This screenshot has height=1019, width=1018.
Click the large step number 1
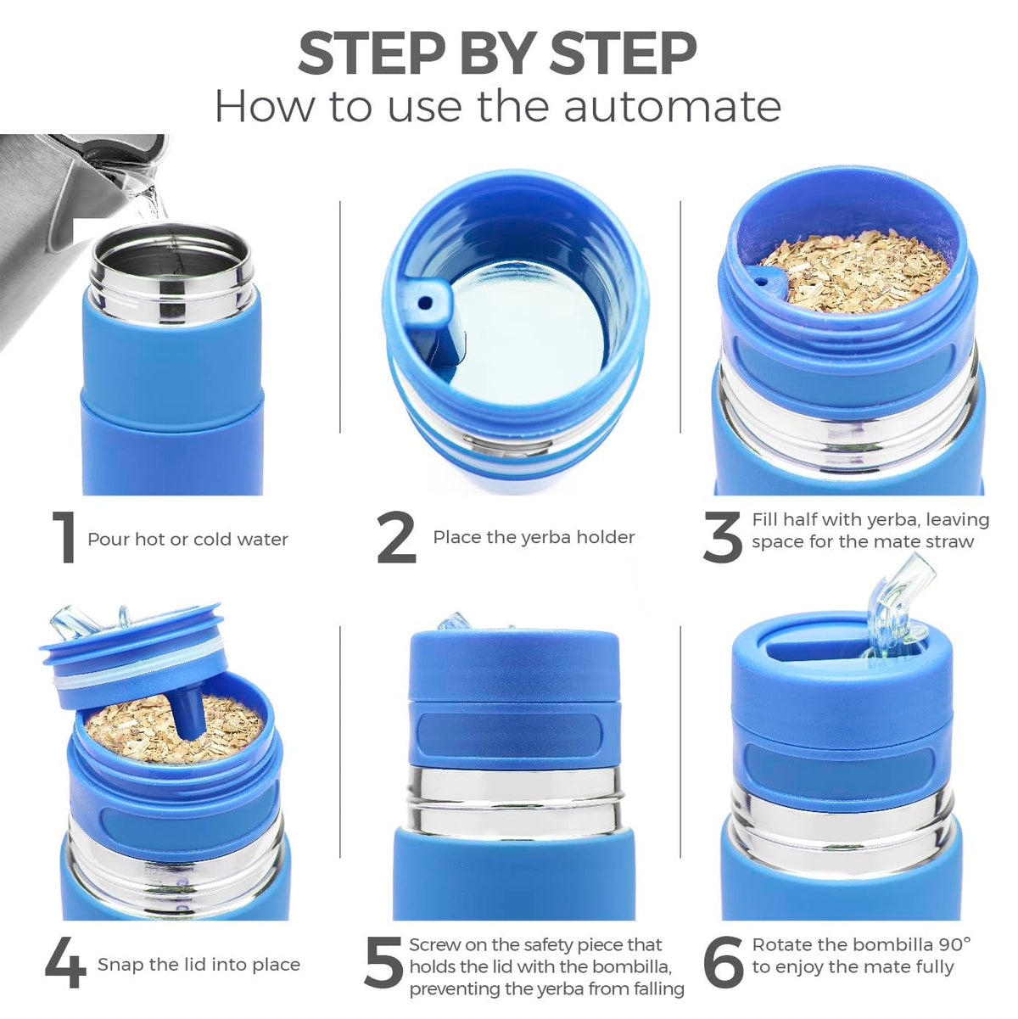click(65, 537)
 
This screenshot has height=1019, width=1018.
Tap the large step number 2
click(397, 537)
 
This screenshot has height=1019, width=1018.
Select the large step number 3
click(723, 537)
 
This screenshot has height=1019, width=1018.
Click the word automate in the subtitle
click(672, 108)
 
